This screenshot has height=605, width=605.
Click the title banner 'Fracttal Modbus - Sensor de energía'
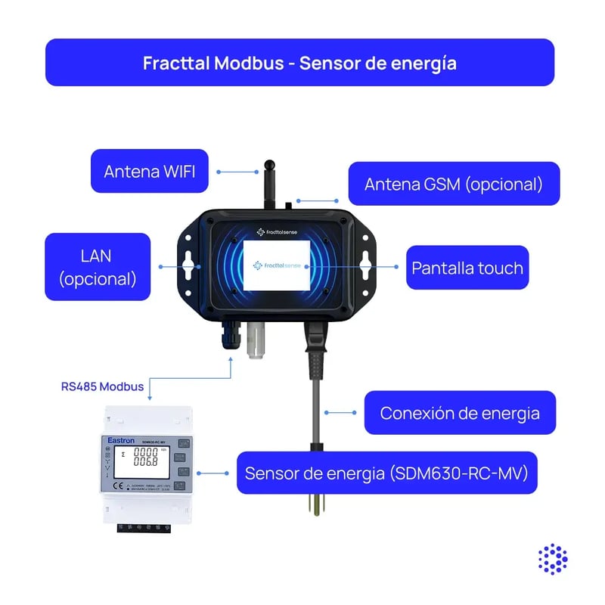(x=299, y=62)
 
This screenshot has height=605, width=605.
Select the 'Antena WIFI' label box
(x=149, y=171)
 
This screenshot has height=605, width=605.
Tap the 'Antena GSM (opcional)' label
(x=453, y=184)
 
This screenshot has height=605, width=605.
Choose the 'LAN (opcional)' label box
(x=98, y=267)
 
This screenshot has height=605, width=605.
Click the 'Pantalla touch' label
(x=467, y=268)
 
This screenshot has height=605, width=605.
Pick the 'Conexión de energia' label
(x=460, y=413)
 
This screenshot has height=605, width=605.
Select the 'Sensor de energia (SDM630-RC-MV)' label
(x=386, y=473)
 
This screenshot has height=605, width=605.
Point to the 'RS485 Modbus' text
(x=102, y=386)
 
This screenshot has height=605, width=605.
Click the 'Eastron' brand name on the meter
(x=121, y=439)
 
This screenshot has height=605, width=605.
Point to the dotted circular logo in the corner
(x=553, y=558)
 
